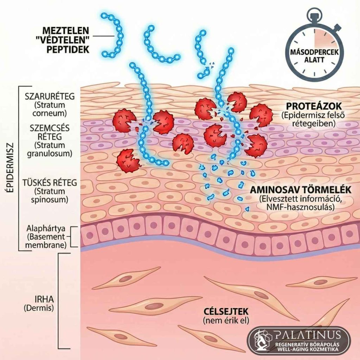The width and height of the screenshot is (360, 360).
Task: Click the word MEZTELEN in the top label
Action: point(65,30)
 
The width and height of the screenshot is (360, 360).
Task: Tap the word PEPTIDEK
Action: point(68,50)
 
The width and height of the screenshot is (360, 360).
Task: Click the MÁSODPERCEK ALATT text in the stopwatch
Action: point(314,56)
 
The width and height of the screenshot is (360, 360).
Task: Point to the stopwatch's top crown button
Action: point(314,14)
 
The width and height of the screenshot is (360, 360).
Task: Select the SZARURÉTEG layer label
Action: point(50,96)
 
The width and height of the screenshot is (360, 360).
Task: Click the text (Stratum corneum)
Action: point(50,109)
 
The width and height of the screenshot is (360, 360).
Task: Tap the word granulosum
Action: point(50,153)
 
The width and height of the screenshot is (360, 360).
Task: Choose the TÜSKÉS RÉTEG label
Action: point(50,182)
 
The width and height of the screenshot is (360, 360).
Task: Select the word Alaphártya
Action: point(46,229)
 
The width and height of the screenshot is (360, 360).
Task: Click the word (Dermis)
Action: point(39,308)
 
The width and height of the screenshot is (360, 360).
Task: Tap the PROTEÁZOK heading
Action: point(314,106)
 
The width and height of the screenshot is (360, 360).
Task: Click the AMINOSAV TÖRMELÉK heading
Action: point(301,190)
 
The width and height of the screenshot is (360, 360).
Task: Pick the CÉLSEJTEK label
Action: point(226,311)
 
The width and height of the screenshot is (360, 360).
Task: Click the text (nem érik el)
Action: point(226,320)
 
